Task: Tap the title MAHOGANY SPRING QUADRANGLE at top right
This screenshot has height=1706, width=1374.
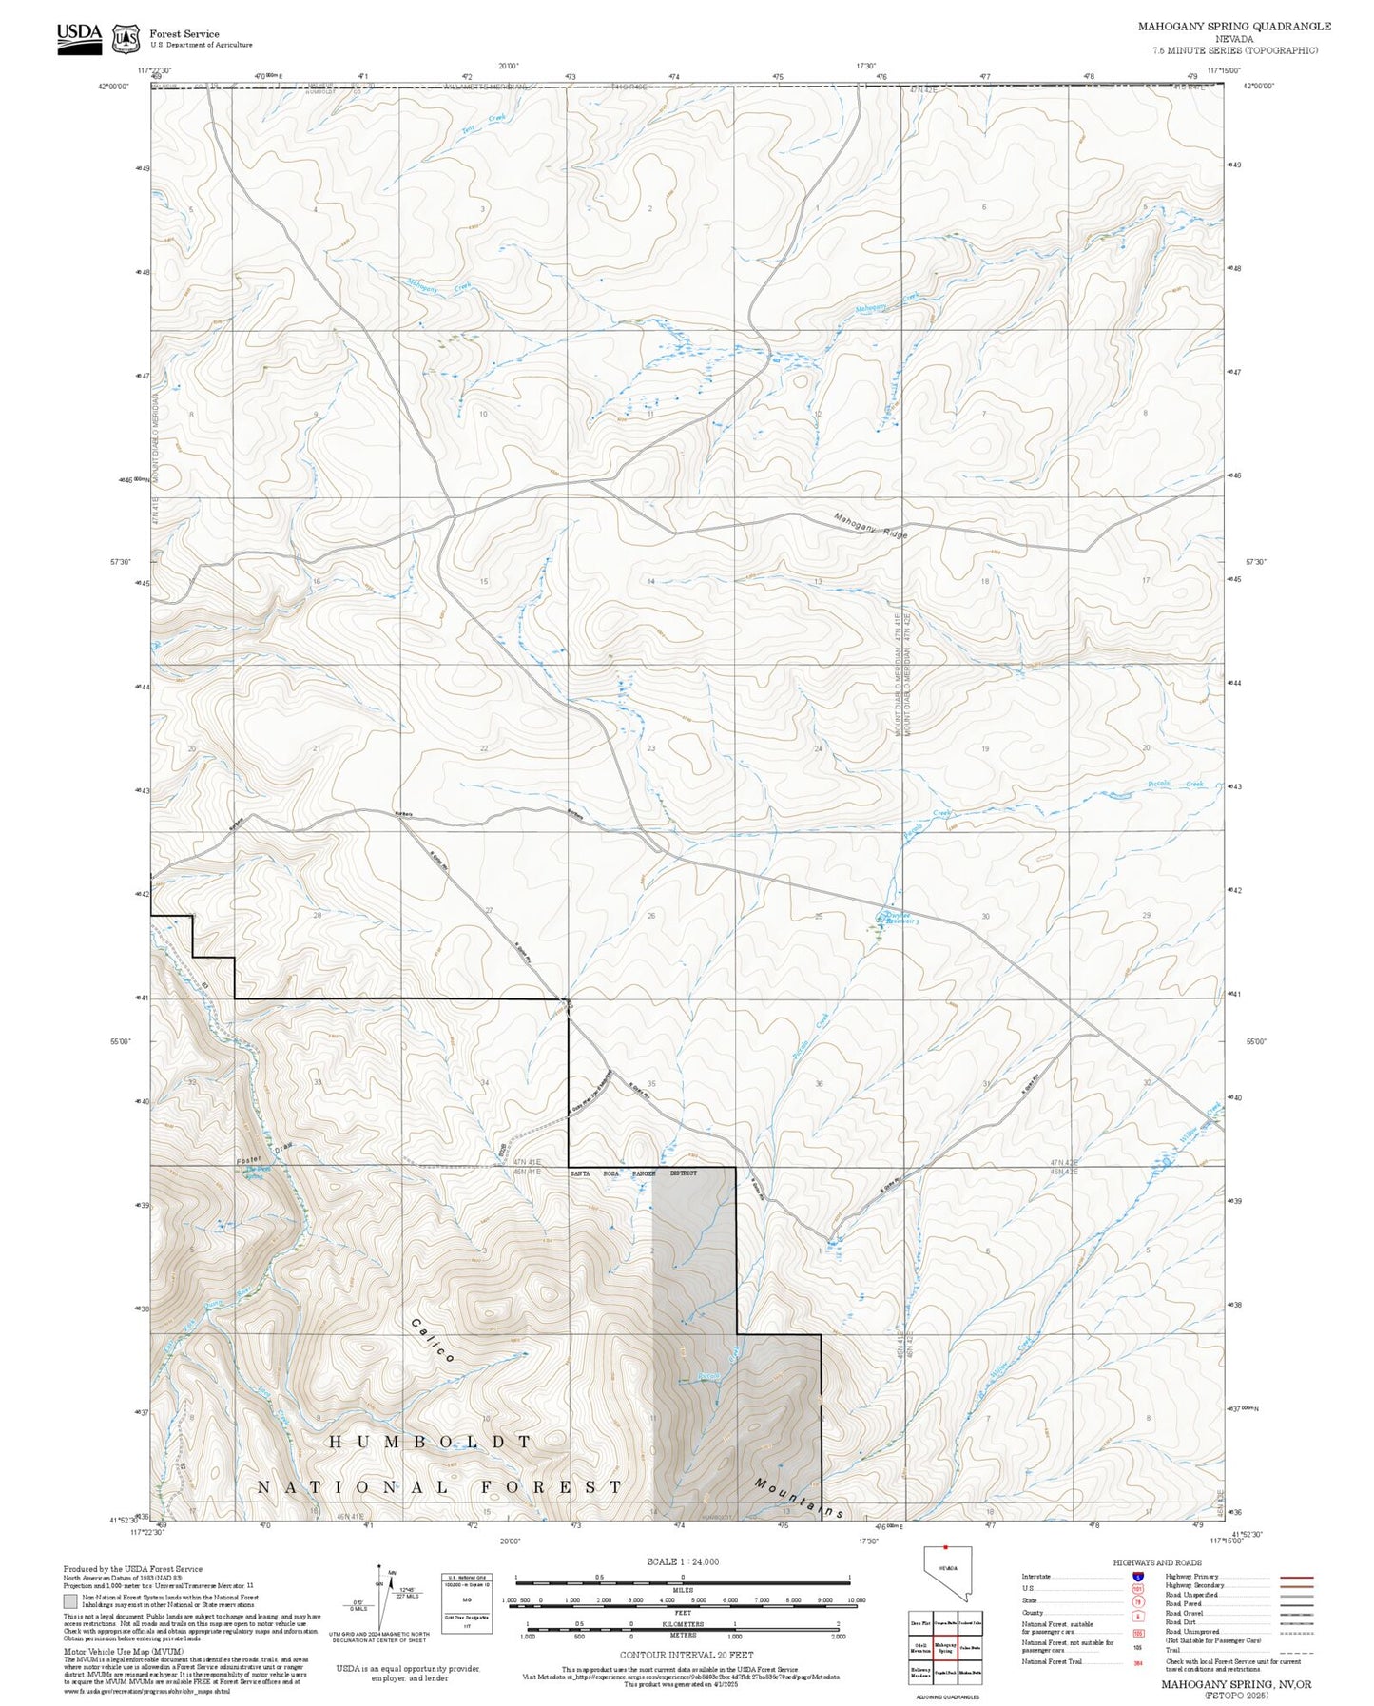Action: [x=1233, y=27]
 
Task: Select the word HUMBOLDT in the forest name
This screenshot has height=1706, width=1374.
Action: [x=430, y=1443]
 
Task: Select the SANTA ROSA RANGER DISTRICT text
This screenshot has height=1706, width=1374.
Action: [x=633, y=1173]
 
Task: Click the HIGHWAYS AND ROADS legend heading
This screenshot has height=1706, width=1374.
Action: [x=1156, y=1562]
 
